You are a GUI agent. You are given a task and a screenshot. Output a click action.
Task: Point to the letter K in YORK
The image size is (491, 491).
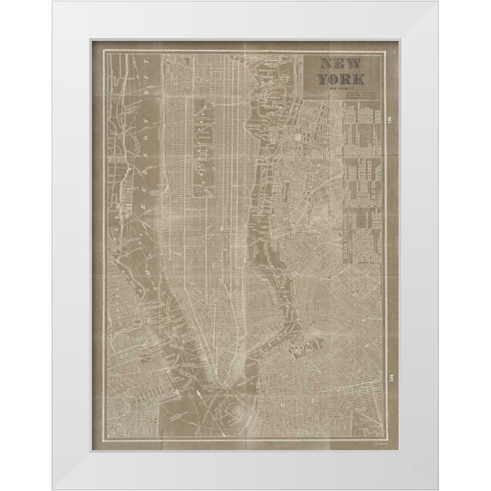point(361,78)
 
